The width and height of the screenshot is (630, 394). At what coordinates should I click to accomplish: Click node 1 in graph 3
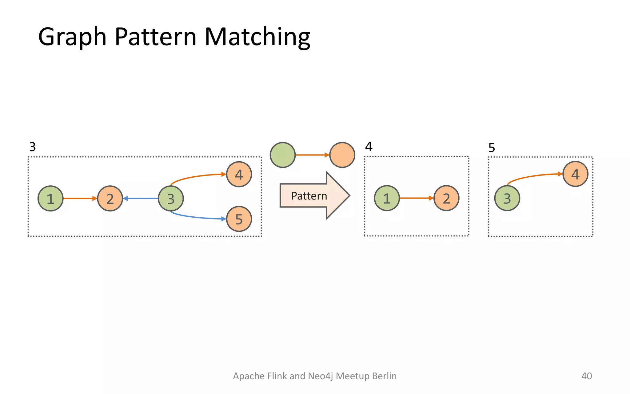pyautogui.click(x=50, y=199)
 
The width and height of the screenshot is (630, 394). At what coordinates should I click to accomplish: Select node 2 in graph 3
pyautogui.click(x=110, y=199)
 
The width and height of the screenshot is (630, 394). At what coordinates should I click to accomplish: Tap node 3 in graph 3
pyautogui.click(x=171, y=199)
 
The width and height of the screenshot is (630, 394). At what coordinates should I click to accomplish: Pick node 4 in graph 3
pyautogui.click(x=239, y=174)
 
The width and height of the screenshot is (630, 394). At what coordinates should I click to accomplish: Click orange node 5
pyautogui.click(x=239, y=219)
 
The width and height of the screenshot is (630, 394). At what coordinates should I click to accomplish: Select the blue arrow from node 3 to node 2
pyautogui.click(x=141, y=199)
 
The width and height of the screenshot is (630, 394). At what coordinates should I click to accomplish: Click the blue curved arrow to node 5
pyautogui.click(x=197, y=217)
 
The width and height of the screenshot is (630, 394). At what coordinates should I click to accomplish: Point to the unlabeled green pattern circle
pyautogui.click(x=282, y=155)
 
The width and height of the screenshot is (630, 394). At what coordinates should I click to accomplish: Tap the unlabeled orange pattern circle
pyautogui.click(x=342, y=155)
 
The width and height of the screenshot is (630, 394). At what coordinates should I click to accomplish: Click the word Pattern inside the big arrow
pyautogui.click(x=309, y=196)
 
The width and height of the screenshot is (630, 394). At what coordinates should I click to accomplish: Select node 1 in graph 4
pyautogui.click(x=387, y=198)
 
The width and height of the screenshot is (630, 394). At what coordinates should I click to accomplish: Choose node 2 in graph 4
pyautogui.click(x=446, y=198)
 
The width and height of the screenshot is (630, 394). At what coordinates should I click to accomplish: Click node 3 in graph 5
pyautogui.click(x=507, y=198)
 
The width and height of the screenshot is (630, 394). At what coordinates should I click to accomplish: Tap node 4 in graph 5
pyautogui.click(x=575, y=174)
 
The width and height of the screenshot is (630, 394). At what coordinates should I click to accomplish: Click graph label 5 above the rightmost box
pyautogui.click(x=492, y=148)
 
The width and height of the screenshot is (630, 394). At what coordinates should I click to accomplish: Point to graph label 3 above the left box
pyautogui.click(x=32, y=147)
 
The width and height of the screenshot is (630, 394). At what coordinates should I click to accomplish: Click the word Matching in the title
pyautogui.click(x=257, y=37)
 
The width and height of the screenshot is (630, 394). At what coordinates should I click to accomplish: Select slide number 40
pyautogui.click(x=586, y=376)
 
